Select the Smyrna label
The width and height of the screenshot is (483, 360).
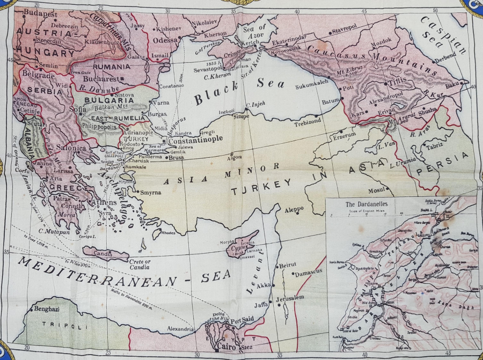pos(151,192)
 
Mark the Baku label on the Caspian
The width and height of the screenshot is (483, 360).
pos(452,84)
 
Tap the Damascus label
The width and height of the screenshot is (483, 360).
pos(306,272)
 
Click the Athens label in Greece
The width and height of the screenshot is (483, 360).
pos(106,203)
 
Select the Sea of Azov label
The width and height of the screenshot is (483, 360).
pos(254,31)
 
